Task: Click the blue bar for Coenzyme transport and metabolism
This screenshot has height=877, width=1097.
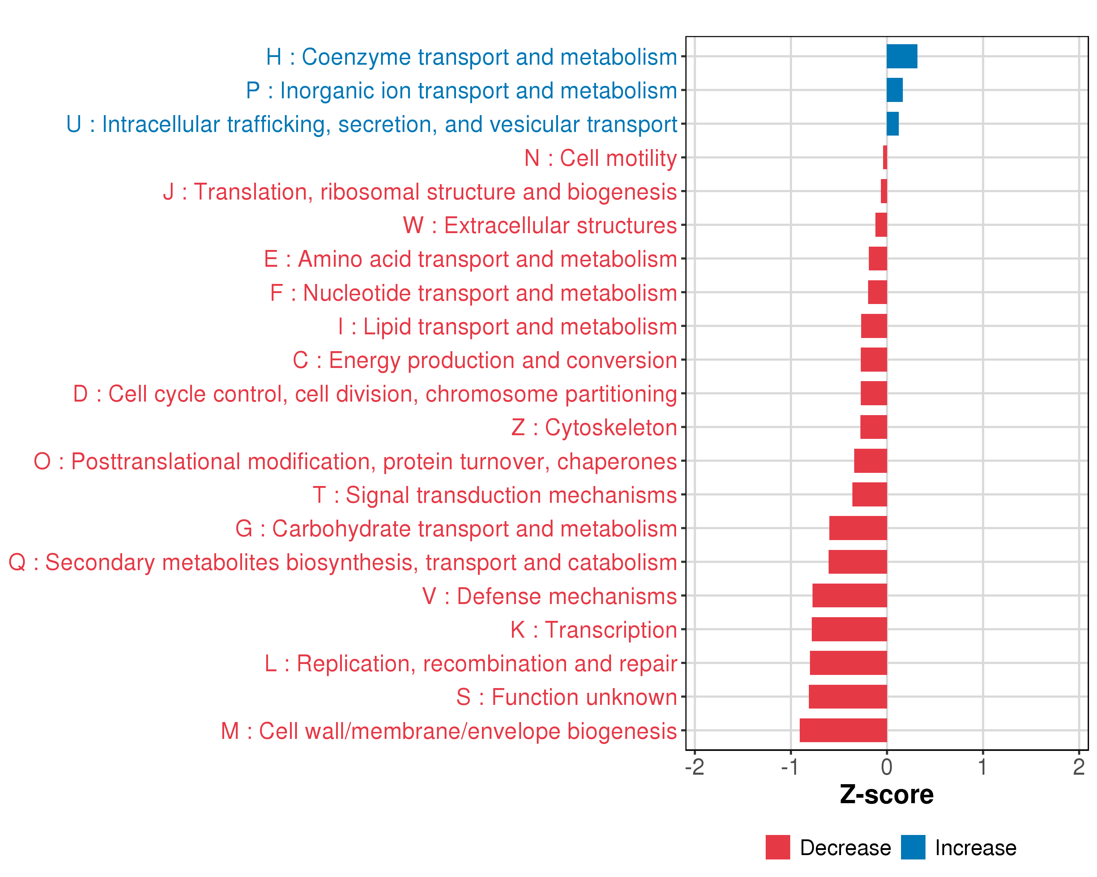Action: tap(902, 56)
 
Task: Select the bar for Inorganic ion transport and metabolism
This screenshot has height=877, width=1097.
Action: tap(894, 90)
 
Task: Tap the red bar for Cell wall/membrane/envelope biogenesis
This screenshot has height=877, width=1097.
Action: tap(843, 730)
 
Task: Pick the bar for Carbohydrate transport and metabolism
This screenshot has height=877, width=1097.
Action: tap(858, 528)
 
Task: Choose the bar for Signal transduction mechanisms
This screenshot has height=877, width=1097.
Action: tap(870, 495)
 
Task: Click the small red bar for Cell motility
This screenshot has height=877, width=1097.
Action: tap(885, 157)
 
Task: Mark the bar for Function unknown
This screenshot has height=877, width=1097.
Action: tap(848, 696)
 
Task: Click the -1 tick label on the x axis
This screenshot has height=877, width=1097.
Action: tap(790, 767)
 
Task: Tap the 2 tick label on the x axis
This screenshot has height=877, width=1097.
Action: tap(1079, 767)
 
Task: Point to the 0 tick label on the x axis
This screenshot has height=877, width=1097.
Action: tap(886, 767)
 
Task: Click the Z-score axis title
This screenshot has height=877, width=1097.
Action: tap(886, 795)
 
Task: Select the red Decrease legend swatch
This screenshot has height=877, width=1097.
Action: tap(777, 847)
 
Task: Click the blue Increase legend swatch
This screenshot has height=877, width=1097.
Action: tap(913, 847)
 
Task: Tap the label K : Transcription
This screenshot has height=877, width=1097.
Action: tap(593, 630)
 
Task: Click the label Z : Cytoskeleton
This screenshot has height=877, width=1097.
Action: tap(594, 428)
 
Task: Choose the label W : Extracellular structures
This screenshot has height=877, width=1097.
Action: tap(539, 225)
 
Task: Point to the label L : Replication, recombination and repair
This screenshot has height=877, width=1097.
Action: tap(471, 664)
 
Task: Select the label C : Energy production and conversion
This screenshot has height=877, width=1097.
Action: tap(485, 360)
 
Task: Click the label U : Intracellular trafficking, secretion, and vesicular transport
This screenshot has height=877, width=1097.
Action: tap(372, 124)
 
